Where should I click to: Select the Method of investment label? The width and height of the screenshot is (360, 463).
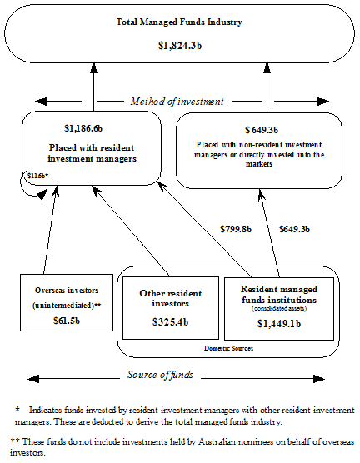(177, 102)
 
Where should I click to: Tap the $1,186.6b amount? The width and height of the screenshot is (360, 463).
(82, 129)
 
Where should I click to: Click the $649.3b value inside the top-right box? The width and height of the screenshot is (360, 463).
(262, 130)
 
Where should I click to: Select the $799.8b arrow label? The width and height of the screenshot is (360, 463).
(236, 228)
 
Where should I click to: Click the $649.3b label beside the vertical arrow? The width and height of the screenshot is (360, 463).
(295, 228)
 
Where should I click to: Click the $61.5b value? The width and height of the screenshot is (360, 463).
(63, 320)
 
